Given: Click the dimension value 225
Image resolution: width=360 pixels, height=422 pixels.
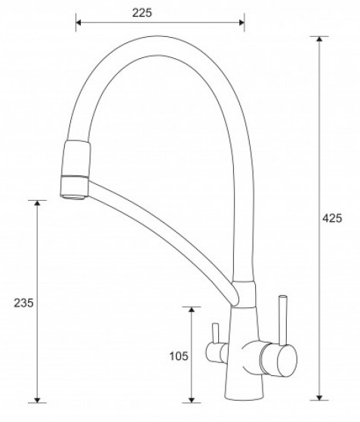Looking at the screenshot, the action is pyautogui.click(x=142, y=13).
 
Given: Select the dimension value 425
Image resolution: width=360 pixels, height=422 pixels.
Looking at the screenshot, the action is pyautogui.click(x=332, y=218).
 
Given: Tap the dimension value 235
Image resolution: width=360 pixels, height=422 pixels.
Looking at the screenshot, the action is pyautogui.click(x=23, y=303).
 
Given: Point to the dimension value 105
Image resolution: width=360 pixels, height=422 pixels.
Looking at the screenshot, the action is pyautogui.click(x=179, y=356).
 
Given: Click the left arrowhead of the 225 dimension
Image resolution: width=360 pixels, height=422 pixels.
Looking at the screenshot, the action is pyautogui.click(x=78, y=22).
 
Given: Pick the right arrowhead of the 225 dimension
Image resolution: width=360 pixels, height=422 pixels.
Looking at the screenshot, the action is pyautogui.click(x=242, y=22).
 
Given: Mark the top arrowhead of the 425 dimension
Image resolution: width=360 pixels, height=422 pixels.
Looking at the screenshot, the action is pyautogui.click(x=319, y=39).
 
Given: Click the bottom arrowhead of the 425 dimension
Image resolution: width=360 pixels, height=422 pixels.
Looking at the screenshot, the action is pyautogui.click(x=319, y=398).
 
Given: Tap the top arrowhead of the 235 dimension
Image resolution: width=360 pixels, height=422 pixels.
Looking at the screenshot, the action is pyautogui.click(x=38, y=203).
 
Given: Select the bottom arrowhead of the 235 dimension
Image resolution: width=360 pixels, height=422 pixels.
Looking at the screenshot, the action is pyautogui.click(x=38, y=400).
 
